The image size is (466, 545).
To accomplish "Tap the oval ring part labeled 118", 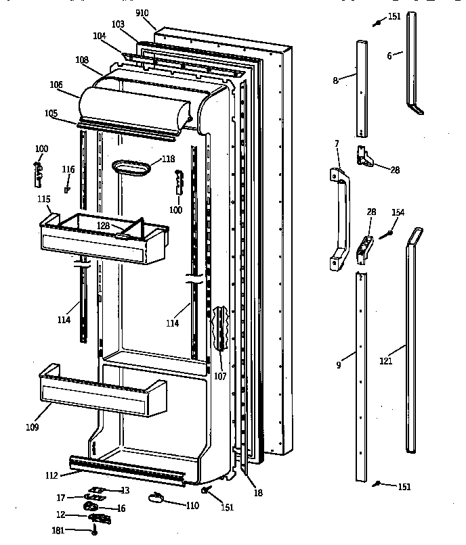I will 130,167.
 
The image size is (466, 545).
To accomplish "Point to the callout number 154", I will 398,212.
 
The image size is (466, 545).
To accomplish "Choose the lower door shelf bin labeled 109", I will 102,396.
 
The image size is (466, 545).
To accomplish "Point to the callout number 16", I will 121,508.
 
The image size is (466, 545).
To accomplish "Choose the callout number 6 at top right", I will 389,56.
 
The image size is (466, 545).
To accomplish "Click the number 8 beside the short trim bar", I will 335,80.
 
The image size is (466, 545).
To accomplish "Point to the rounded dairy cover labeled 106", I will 135,105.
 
